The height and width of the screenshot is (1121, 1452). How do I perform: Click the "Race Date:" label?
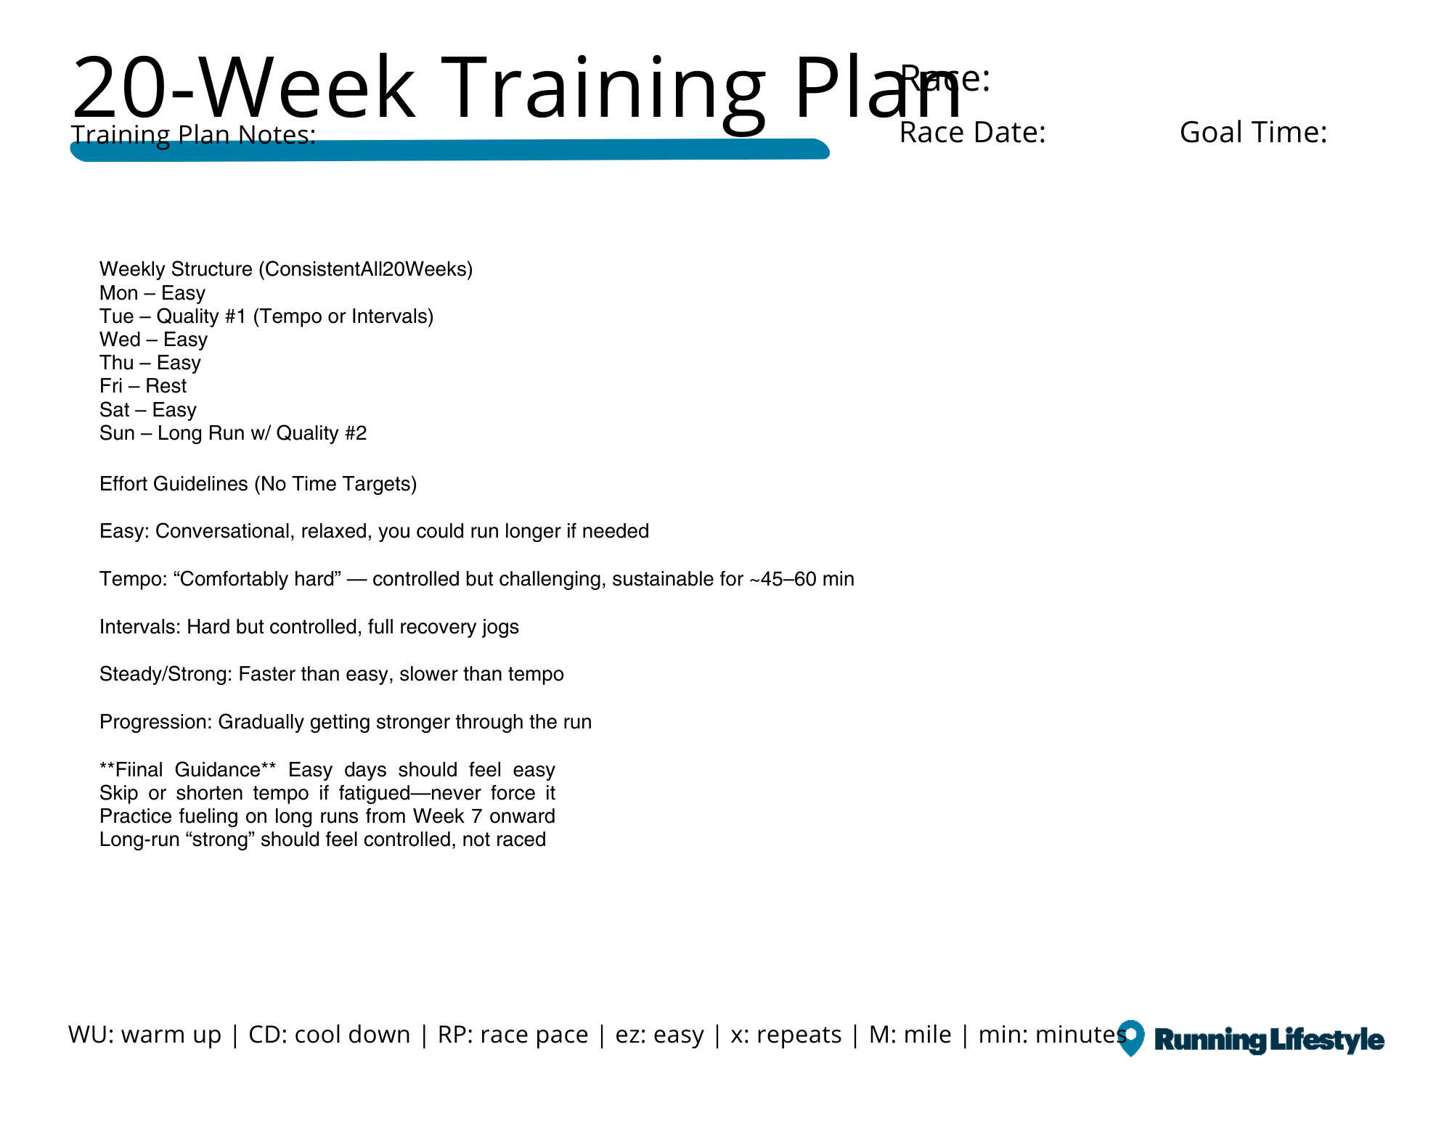click(x=972, y=133)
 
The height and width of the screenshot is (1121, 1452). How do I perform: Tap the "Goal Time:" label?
click(x=1253, y=133)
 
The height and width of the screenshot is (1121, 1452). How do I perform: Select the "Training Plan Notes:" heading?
click(x=193, y=135)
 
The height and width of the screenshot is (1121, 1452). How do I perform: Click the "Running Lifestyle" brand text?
click(x=1269, y=1040)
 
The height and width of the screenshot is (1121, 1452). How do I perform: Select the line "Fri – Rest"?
click(x=143, y=386)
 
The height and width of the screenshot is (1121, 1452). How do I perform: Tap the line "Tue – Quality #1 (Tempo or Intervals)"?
click(x=266, y=316)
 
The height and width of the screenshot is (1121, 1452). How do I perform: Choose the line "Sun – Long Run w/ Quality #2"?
click(x=233, y=433)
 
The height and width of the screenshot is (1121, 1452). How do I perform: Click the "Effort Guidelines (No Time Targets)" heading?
click(x=258, y=484)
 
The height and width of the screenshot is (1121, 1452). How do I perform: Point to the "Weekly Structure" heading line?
click(x=286, y=269)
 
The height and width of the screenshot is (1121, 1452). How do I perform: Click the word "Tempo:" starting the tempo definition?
click(x=134, y=579)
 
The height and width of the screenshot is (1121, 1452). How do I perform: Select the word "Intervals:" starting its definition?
click(x=140, y=627)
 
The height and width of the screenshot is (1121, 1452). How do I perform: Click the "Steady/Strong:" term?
click(x=166, y=674)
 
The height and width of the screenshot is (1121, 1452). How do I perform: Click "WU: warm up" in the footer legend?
click(x=144, y=1035)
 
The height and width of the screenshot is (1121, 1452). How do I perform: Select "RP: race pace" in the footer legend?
click(x=513, y=1035)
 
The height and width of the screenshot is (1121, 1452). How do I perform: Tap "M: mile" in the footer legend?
click(x=910, y=1035)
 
